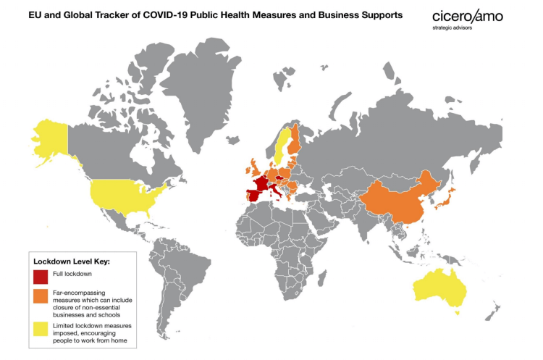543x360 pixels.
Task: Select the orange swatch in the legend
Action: click(40, 296)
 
